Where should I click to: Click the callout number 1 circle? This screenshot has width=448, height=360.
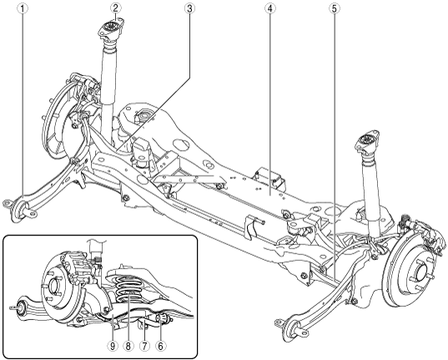[23, 8]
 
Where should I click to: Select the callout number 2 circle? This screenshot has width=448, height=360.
[115, 8]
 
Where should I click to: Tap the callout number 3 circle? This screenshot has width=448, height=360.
[189, 8]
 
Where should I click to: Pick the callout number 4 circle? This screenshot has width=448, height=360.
[269, 8]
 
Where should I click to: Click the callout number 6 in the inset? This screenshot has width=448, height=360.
[160, 346]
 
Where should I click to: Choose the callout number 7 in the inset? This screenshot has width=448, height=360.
[144, 346]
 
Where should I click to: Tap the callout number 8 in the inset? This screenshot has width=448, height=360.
[128, 346]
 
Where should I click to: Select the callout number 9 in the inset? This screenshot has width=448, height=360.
[113, 346]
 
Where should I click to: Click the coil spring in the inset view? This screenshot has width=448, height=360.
[128, 288]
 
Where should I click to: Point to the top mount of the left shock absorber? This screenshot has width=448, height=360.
[111, 29]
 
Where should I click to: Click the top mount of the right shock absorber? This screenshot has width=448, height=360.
[368, 142]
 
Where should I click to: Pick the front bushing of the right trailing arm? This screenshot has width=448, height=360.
[290, 329]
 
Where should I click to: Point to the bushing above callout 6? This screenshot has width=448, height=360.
[164, 317]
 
